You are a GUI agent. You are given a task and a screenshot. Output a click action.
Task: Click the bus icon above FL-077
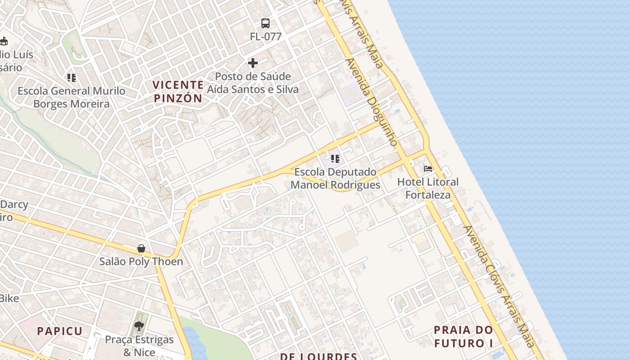click(x=265, y=23)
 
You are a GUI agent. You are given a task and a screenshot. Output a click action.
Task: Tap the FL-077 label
click(x=265, y=37)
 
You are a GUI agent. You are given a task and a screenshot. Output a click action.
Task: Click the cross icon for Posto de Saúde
click(x=253, y=63)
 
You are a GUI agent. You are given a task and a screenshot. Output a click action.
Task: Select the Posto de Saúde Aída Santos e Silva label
click(x=252, y=83)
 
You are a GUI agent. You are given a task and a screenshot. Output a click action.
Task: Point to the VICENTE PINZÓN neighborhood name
click(x=178, y=91)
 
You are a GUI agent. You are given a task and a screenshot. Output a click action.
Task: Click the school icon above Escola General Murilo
click(x=72, y=78)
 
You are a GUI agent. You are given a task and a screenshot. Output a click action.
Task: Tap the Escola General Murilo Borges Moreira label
click(x=72, y=97)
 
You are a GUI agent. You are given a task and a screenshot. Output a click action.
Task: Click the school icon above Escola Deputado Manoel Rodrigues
click(x=335, y=158)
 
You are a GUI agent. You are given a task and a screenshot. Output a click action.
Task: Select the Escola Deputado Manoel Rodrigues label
click(x=335, y=179)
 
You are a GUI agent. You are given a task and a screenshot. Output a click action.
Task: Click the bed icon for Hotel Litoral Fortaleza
click(x=428, y=169)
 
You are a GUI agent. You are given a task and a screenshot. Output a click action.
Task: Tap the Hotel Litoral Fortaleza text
click(x=427, y=188)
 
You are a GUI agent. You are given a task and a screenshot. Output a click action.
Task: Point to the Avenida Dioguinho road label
click(x=372, y=102)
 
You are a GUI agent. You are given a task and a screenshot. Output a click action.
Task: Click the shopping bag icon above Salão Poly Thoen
click(x=141, y=248)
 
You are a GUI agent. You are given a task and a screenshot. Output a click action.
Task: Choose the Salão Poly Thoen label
click(x=141, y=261)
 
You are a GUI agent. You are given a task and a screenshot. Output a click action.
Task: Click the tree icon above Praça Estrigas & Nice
click(x=139, y=326)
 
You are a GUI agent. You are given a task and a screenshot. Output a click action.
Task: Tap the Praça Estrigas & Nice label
click(x=139, y=346)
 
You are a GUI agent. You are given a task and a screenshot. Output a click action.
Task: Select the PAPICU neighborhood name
click(x=60, y=331)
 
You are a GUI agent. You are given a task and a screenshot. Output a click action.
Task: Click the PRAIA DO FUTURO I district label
click(x=463, y=337)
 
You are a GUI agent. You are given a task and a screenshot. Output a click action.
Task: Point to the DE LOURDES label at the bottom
click(x=319, y=356)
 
